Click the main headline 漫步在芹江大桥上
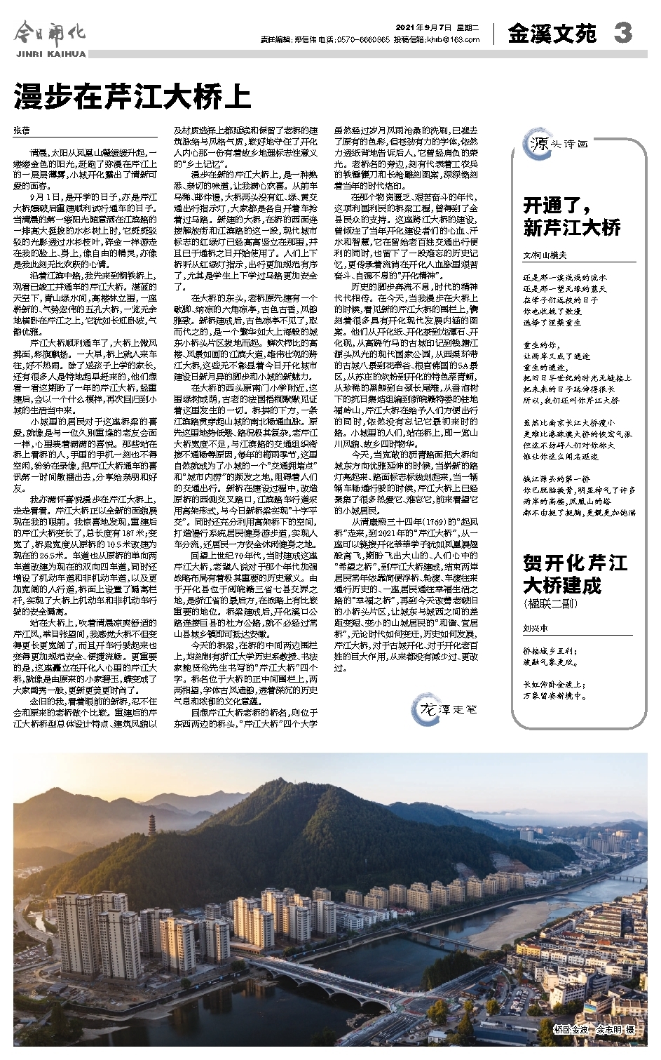132,95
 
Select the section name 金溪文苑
552,33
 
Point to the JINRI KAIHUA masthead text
50,53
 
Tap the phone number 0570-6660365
363,40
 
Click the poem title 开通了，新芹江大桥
572,217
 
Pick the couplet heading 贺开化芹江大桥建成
575,574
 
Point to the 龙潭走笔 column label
449,709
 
